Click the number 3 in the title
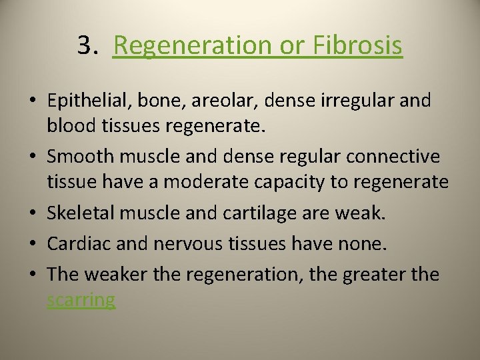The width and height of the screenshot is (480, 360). [x=84, y=46]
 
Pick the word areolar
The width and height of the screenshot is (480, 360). [x=224, y=101]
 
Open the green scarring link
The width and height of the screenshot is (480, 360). [x=81, y=300]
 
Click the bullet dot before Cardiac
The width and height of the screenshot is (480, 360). [x=32, y=244]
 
